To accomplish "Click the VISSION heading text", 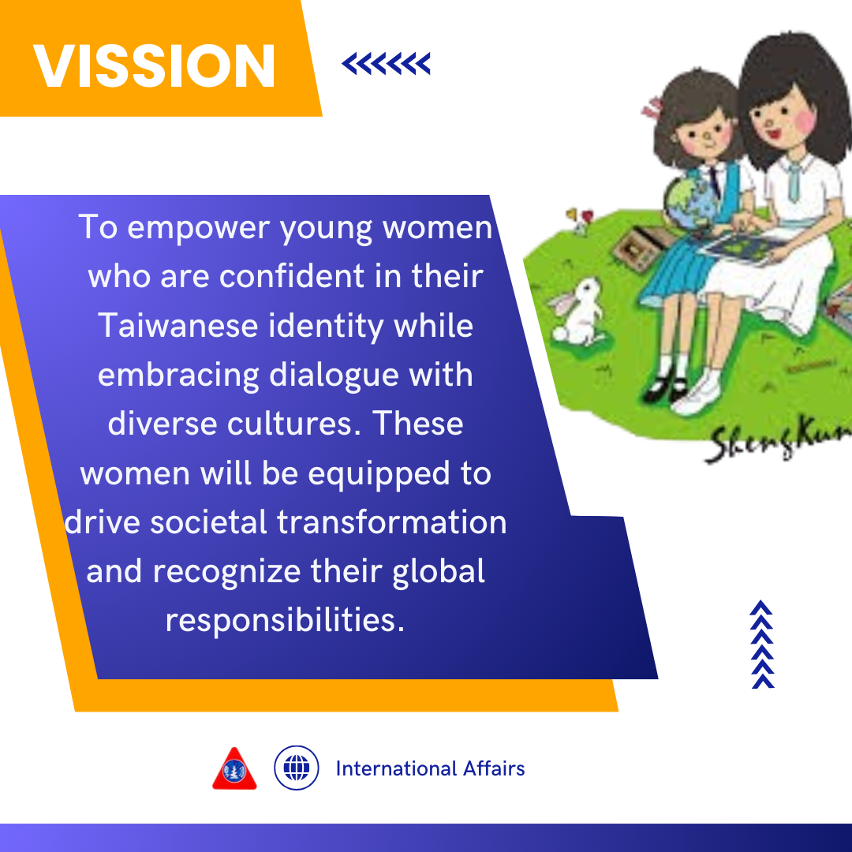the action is pyautogui.click(x=155, y=65).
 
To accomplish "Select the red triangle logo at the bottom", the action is pyautogui.click(x=234, y=768).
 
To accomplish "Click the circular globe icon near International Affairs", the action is pyautogui.click(x=296, y=768).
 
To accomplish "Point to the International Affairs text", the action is pyautogui.click(x=431, y=768).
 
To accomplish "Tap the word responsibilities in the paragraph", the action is pyautogui.click(x=286, y=621).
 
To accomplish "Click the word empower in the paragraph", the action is pyautogui.click(x=198, y=228).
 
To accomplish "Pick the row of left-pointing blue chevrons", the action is pyautogui.click(x=387, y=64).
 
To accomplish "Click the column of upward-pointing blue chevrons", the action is pyautogui.click(x=762, y=645).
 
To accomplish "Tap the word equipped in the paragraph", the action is pyautogui.click(x=379, y=475).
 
